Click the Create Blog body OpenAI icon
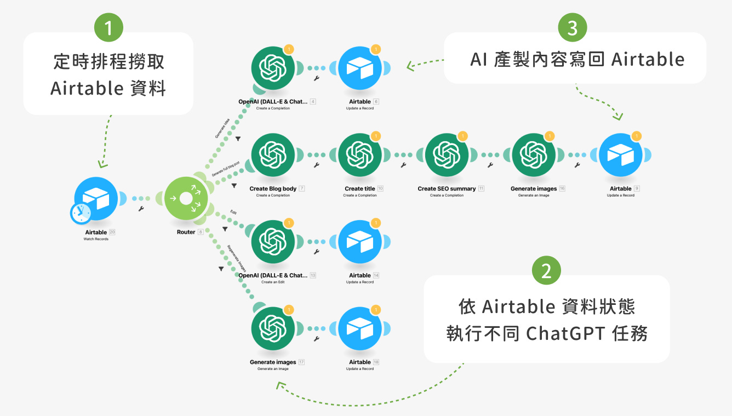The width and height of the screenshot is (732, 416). click(273, 155)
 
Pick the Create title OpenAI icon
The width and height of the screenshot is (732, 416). click(359, 155)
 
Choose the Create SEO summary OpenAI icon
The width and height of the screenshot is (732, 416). click(447, 155)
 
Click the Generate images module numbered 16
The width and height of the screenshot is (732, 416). click(533, 155)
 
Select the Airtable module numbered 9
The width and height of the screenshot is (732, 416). click(620, 155)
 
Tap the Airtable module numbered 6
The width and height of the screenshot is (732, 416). click(359, 68)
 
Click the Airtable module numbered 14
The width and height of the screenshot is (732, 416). click(359, 242)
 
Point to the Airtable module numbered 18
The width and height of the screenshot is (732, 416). click(359, 329)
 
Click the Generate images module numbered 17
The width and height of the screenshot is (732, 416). click(273, 329)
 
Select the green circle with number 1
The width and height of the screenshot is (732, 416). click(108, 28)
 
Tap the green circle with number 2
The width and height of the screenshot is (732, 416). click(546, 271)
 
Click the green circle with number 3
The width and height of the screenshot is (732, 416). click(573, 28)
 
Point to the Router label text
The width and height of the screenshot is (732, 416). click(186, 232)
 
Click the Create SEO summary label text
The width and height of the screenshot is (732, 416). click(447, 189)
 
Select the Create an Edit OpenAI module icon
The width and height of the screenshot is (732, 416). click(273, 242)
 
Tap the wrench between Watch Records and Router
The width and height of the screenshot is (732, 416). click(141, 209)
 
